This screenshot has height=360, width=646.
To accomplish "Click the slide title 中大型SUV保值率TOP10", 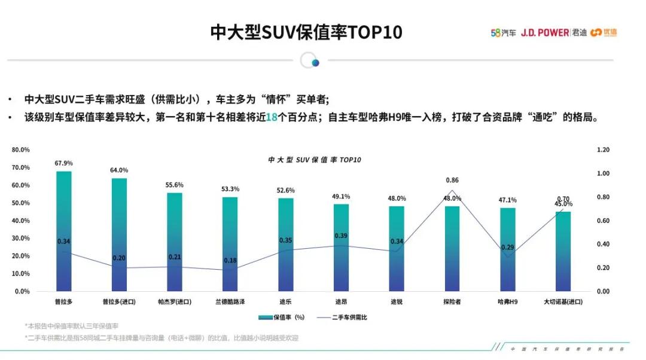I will pos(306,32).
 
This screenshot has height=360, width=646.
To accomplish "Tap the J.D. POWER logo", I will pos(544,33).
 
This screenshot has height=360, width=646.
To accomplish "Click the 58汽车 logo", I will pos(504,33).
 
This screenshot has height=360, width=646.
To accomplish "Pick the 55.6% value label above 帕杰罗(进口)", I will pos(175,185).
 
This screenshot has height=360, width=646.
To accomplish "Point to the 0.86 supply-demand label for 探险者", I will pos(452,180).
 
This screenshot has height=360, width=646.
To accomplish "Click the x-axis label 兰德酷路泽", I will pos(230,302).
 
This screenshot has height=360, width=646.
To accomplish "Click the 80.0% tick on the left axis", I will pos(21,150).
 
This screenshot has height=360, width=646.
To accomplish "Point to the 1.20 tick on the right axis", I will pos(602,150).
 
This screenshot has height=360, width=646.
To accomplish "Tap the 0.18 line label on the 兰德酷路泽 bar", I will pos(230,261).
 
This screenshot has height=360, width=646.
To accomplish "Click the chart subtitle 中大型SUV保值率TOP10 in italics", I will pos(315,160).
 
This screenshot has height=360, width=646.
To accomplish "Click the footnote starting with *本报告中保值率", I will pos(72,327).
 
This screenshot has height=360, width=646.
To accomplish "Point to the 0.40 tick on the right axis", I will pos(602,244).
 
